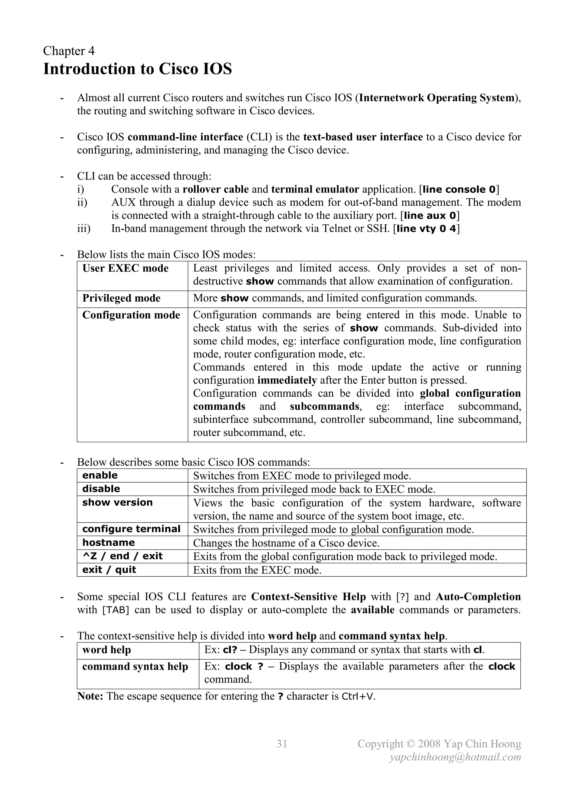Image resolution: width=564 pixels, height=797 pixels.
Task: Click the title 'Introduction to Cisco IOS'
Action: coord(137,69)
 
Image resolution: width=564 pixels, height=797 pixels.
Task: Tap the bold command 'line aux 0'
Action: coord(430,216)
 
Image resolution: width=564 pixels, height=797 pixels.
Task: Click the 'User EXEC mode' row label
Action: coord(125,268)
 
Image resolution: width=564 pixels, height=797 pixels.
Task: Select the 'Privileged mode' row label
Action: coord(121,298)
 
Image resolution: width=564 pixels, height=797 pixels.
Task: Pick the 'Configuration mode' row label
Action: coord(131,315)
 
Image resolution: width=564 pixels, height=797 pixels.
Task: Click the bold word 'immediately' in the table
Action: coord(287,380)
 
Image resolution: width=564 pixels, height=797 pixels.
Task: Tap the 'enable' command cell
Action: coord(100,475)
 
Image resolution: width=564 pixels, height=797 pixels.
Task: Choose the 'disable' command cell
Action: coord(101,489)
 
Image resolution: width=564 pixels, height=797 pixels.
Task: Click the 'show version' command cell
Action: coord(117,502)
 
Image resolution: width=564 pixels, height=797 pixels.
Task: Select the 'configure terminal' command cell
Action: coord(131,529)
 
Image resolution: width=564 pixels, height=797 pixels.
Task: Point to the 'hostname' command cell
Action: coord(108,543)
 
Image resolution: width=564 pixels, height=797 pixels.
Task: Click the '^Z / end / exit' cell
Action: coord(122,556)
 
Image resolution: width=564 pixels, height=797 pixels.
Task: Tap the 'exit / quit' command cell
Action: coord(109,570)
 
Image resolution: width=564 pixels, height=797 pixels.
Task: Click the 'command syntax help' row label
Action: coord(135,667)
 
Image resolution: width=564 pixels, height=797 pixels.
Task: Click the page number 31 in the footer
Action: coord(282,744)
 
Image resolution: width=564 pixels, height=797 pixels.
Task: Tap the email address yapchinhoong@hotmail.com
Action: coord(455,757)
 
